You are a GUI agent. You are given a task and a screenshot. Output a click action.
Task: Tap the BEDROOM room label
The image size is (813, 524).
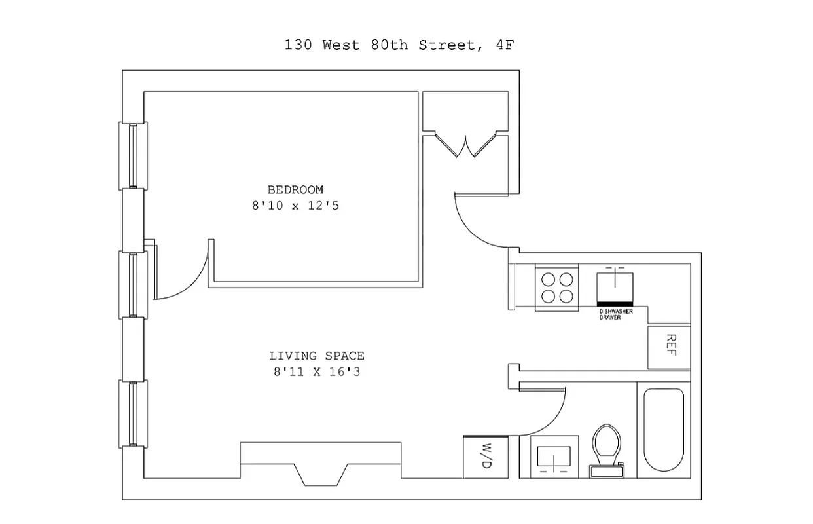click(x=295, y=190)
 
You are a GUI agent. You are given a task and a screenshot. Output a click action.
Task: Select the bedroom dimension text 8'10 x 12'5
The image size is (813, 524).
click(x=295, y=206)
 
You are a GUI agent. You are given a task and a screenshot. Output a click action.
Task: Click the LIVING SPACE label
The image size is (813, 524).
click(x=317, y=356)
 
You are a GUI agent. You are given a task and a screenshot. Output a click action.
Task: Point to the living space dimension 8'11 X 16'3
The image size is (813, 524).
click(x=317, y=373)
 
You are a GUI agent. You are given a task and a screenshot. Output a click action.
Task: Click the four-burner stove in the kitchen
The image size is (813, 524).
click(x=556, y=288)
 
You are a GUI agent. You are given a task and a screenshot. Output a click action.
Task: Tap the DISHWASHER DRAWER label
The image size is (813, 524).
click(x=616, y=314)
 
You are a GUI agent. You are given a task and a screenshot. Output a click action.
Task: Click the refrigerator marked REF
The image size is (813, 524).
click(x=669, y=346)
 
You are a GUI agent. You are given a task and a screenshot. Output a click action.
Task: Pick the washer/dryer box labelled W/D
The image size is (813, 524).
click(x=486, y=457)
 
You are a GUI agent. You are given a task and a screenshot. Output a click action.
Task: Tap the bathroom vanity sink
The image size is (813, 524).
click(x=554, y=457)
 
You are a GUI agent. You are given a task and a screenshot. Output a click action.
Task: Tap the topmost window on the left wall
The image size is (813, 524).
click(x=132, y=156)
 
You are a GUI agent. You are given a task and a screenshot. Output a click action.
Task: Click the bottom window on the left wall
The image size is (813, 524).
click(x=132, y=413)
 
